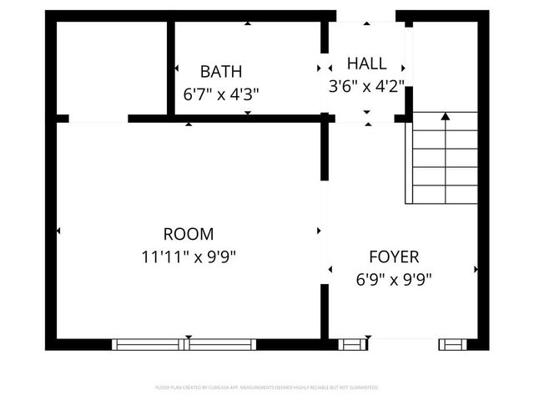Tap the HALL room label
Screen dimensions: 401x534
[x=367, y=63]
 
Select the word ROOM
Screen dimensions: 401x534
[x=188, y=235]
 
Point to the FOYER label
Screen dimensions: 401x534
[x=394, y=257]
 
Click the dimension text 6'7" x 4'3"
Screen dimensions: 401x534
[x=221, y=94]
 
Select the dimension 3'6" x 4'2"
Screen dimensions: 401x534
[x=367, y=85]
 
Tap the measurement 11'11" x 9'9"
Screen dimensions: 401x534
[x=189, y=257]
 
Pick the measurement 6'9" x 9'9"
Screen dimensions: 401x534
[x=394, y=279]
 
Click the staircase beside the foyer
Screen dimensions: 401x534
[x=441, y=158]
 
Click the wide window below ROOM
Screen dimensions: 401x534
[x=184, y=344]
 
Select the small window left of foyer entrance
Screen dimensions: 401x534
[x=352, y=344]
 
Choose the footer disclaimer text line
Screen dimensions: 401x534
[x=267, y=388]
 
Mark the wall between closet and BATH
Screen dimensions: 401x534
[x=170, y=69]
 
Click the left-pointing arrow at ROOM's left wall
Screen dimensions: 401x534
[x=58, y=230]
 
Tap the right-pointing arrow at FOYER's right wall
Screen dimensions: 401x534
[x=476, y=269]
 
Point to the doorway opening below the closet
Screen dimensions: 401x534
[x=98, y=119]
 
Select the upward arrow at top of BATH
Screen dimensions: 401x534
[x=247, y=23]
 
